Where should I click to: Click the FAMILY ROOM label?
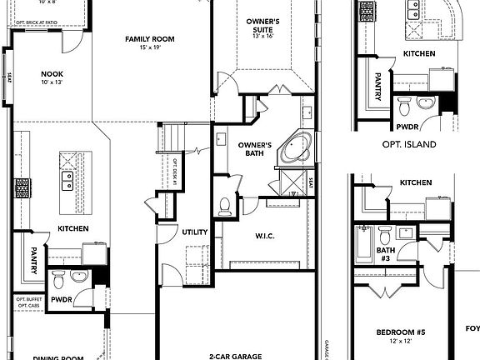(149, 38)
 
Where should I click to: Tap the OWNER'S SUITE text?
(267, 26)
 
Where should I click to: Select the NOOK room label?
(52, 74)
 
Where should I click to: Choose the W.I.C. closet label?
(266, 236)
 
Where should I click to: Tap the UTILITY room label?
(195, 232)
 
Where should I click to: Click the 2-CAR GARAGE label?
(236, 357)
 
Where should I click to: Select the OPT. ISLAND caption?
(409, 144)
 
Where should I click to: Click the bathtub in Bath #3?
(363, 246)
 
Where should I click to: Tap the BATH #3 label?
(384, 254)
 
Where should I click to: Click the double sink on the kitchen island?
(66, 180)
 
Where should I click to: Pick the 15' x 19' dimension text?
(149, 47)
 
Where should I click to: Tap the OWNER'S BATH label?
(255, 149)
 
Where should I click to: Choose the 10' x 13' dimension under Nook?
(52, 83)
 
